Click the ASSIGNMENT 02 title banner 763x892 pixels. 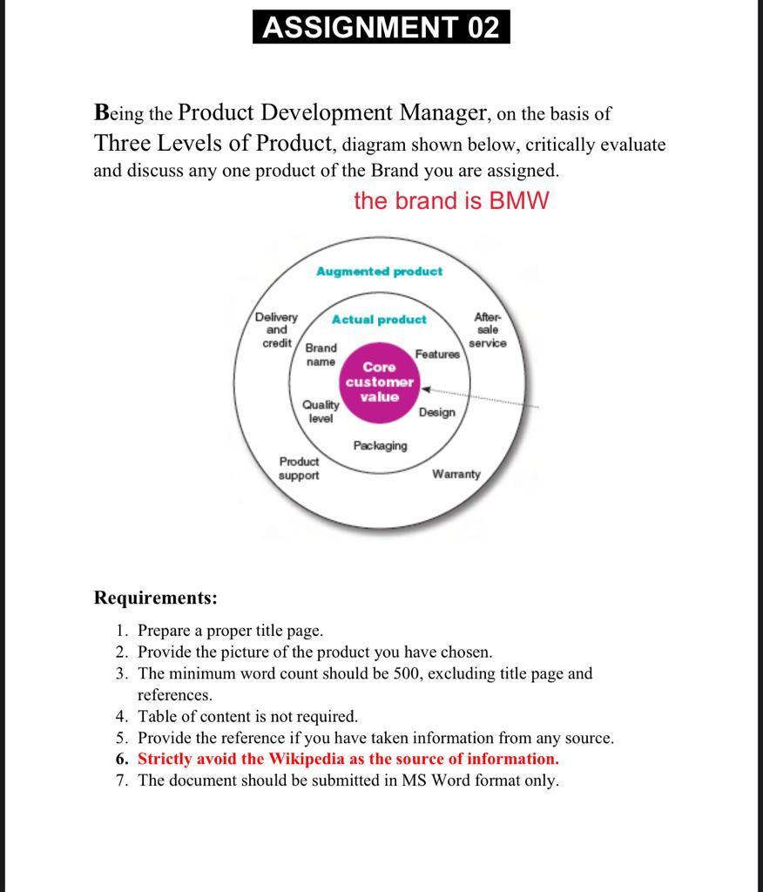click(x=381, y=27)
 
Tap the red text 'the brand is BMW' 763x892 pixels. click(x=451, y=200)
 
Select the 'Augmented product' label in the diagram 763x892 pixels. click(x=379, y=272)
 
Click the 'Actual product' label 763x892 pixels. click(x=379, y=320)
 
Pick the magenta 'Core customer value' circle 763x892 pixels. click(x=379, y=382)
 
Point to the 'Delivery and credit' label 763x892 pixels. click(x=276, y=330)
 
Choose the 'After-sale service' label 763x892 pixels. click(x=487, y=330)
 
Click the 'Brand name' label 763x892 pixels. click(x=321, y=355)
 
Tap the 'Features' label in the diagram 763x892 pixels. click(x=437, y=354)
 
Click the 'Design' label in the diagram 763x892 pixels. click(x=436, y=412)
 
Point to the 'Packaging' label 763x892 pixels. click(x=380, y=446)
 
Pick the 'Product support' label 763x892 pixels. click(x=299, y=468)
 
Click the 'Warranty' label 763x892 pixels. click(x=456, y=474)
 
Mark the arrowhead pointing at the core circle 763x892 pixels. click(x=426, y=390)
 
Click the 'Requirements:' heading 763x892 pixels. click(x=155, y=598)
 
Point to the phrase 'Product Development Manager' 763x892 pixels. click(x=333, y=113)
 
